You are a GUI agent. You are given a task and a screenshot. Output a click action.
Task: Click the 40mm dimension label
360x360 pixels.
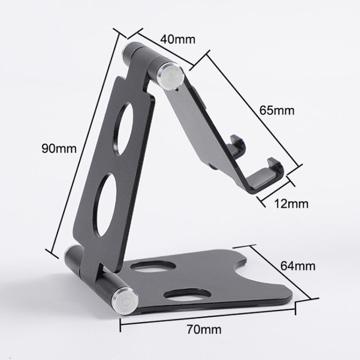coord(178,39)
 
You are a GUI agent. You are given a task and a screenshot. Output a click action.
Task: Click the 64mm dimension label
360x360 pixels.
coord(299,265)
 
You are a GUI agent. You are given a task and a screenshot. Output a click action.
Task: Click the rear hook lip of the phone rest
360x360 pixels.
coord(237,144)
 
